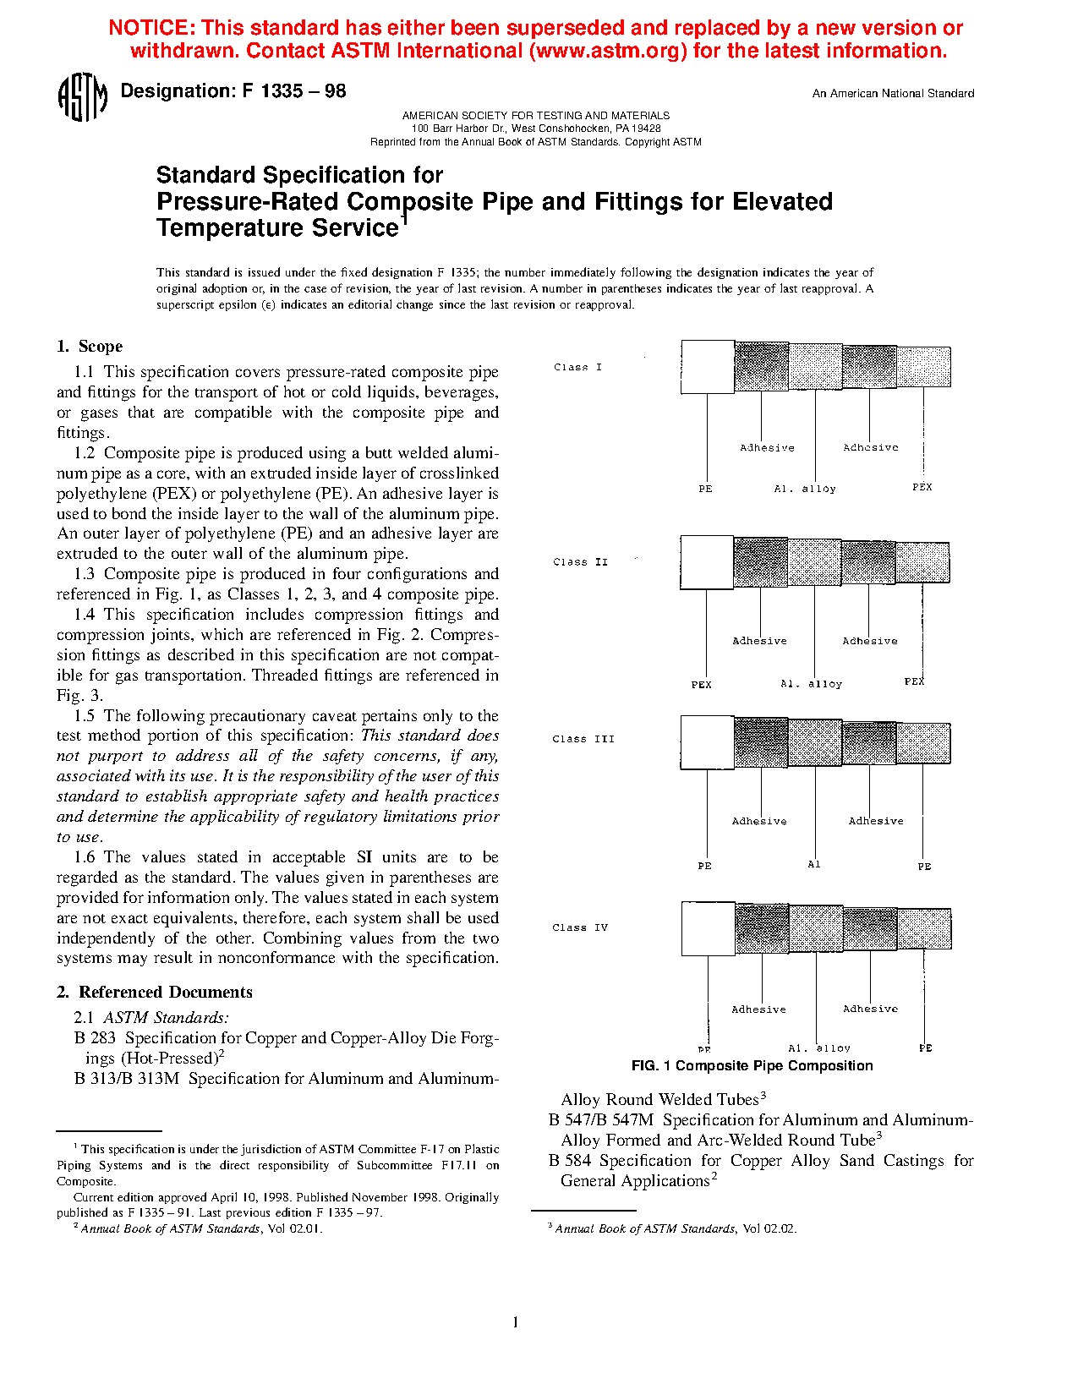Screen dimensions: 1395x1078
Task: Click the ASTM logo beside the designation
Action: (x=82, y=97)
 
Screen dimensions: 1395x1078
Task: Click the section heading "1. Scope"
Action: (x=90, y=346)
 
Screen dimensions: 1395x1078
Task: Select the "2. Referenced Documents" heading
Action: (x=155, y=992)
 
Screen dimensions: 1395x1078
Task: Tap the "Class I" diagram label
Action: (x=578, y=367)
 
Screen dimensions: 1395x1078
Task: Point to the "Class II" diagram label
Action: (x=580, y=562)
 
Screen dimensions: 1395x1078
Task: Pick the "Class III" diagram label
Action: (x=583, y=739)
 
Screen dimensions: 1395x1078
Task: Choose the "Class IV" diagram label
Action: (x=580, y=927)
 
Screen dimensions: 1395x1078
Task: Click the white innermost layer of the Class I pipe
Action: (x=708, y=367)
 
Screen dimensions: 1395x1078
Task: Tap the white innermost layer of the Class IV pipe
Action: (x=709, y=928)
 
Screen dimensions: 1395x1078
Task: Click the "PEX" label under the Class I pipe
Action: (x=922, y=487)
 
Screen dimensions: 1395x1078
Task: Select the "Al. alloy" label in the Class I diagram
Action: (x=805, y=489)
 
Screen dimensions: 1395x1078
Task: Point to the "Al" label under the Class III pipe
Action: (x=814, y=864)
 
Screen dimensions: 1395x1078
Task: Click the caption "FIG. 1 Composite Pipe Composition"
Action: (x=752, y=1065)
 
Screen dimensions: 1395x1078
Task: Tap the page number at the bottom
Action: (x=515, y=1322)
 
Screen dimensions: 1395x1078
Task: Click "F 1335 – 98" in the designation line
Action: (x=294, y=91)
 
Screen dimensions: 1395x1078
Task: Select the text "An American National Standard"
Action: (x=893, y=94)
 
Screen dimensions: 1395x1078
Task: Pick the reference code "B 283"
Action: (x=95, y=1037)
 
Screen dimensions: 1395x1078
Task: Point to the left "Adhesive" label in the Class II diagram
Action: (x=759, y=641)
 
